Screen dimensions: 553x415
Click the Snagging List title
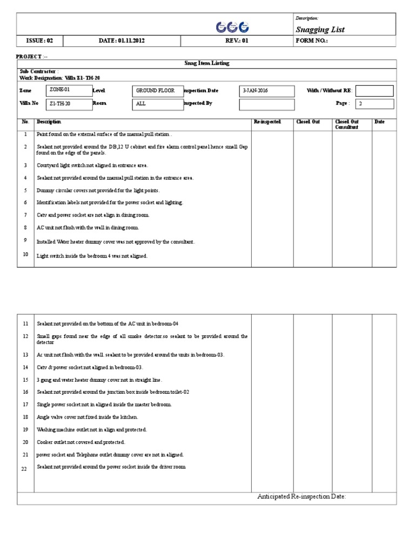[x=320, y=30]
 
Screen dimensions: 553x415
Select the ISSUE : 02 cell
[x=39, y=41]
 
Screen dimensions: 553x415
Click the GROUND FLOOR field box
[x=157, y=91]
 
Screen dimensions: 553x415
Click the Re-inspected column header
[x=267, y=122]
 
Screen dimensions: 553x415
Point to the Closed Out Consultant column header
[x=346, y=125]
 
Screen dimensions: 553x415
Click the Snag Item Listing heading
[x=207, y=63]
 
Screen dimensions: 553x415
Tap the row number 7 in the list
[x=25, y=214]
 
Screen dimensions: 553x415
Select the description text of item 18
[x=87, y=417]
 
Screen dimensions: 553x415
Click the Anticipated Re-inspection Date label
[x=301, y=497]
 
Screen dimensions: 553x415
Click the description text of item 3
[x=92, y=165]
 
